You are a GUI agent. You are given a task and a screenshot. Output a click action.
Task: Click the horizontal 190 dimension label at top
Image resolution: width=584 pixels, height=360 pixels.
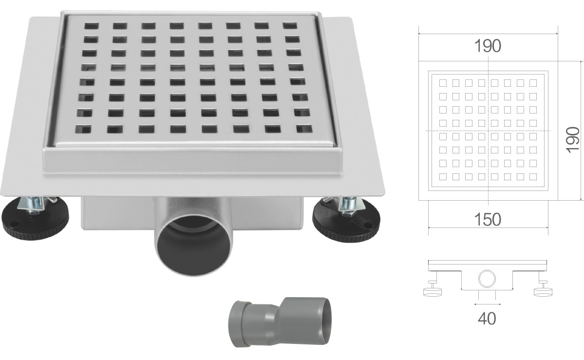click(x=488, y=46)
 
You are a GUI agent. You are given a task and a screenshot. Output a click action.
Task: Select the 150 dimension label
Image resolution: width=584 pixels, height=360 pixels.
click(x=488, y=220)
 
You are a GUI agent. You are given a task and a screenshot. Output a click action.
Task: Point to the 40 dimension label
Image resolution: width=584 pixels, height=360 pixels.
click(x=487, y=318)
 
